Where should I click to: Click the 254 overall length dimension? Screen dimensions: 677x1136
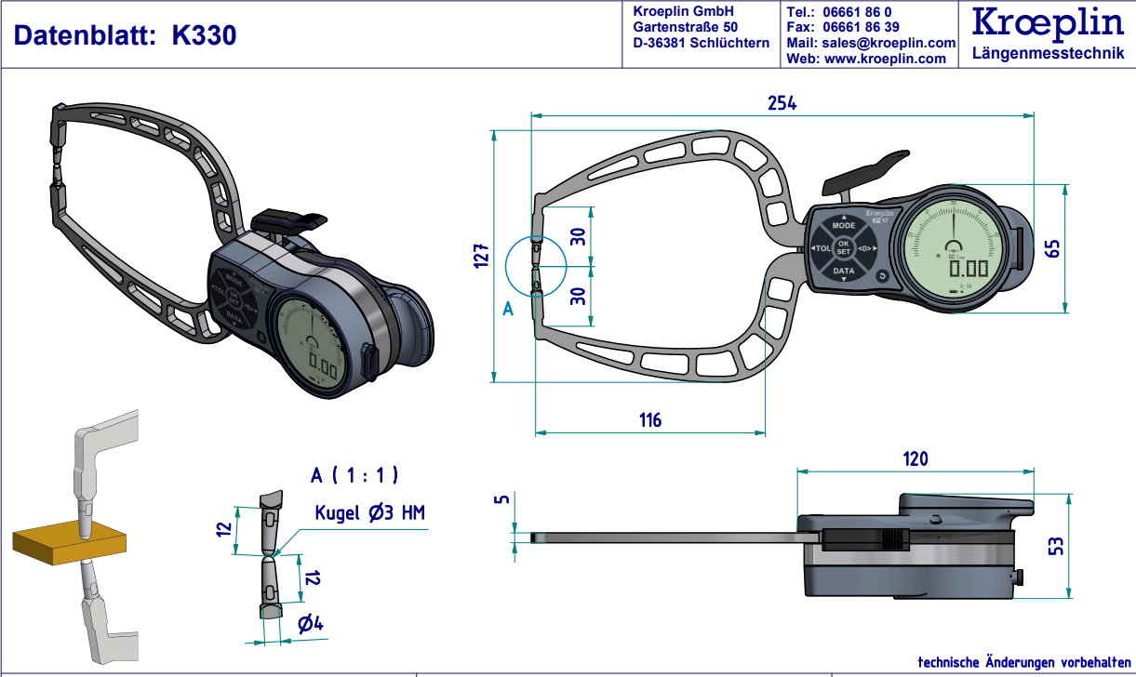782,103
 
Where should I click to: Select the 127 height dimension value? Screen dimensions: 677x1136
480,255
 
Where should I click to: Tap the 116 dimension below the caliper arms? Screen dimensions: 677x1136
649,420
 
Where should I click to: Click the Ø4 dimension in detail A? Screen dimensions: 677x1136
310,625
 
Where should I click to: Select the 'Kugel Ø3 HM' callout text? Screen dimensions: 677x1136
370,512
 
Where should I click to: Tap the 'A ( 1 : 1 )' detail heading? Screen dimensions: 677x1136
354,475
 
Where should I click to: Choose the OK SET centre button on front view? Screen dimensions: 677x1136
843,248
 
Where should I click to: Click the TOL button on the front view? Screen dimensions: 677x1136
821,249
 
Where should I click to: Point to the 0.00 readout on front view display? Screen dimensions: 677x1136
968,269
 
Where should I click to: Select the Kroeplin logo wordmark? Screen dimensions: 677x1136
1048,25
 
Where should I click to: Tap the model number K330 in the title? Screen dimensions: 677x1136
204,35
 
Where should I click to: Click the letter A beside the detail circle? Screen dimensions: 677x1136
508,309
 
